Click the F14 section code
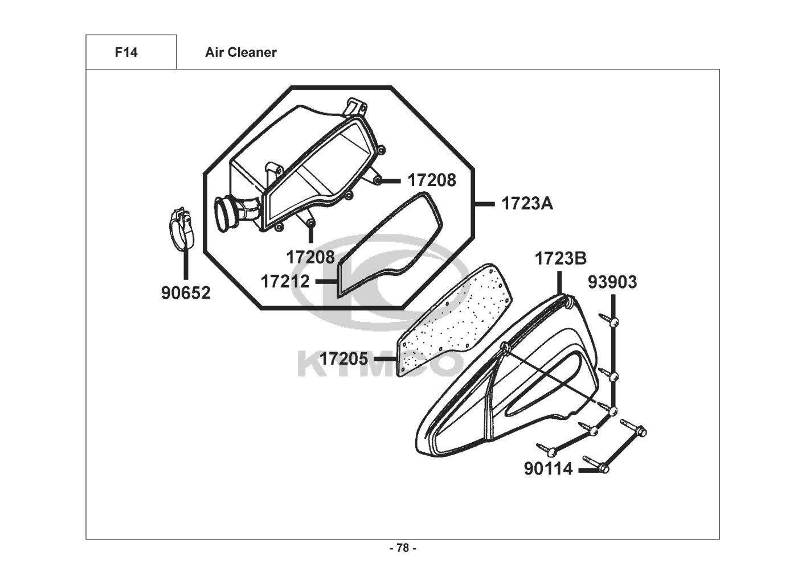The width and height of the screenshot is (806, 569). (x=126, y=52)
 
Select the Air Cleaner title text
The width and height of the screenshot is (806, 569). (x=240, y=52)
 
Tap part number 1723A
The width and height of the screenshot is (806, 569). (x=527, y=203)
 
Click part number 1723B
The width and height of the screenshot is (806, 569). (x=560, y=259)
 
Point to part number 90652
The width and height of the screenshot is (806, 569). (x=186, y=293)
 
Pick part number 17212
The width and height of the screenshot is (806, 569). (x=285, y=281)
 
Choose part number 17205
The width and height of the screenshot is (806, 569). (x=343, y=359)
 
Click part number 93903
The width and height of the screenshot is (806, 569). (x=612, y=282)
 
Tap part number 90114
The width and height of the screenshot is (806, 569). (x=548, y=470)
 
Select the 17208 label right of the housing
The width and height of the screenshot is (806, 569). (x=431, y=180)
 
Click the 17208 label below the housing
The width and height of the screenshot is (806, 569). (x=310, y=257)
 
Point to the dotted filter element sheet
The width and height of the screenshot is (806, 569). (x=456, y=319)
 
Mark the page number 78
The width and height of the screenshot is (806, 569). (x=402, y=548)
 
